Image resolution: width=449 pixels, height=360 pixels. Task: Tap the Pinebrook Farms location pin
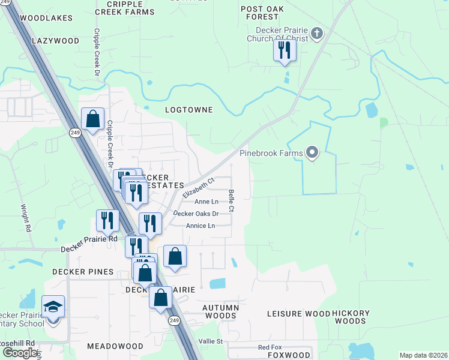click(312, 153)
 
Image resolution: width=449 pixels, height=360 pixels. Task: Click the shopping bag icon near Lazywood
click(92, 118)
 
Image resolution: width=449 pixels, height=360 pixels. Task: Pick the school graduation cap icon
click(53, 307)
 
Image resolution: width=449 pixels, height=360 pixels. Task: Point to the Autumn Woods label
click(220, 311)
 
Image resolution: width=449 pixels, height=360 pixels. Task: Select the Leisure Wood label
click(298, 314)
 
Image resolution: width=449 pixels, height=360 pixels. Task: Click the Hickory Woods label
click(349, 317)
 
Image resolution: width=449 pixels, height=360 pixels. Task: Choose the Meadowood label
click(115, 346)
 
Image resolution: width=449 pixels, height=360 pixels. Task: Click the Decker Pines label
click(83, 272)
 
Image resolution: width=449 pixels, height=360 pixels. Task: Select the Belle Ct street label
click(231, 200)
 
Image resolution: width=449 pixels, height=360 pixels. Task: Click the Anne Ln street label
click(206, 202)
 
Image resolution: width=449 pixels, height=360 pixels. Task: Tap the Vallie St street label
click(211, 341)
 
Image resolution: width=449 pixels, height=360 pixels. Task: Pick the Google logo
click(19, 353)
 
